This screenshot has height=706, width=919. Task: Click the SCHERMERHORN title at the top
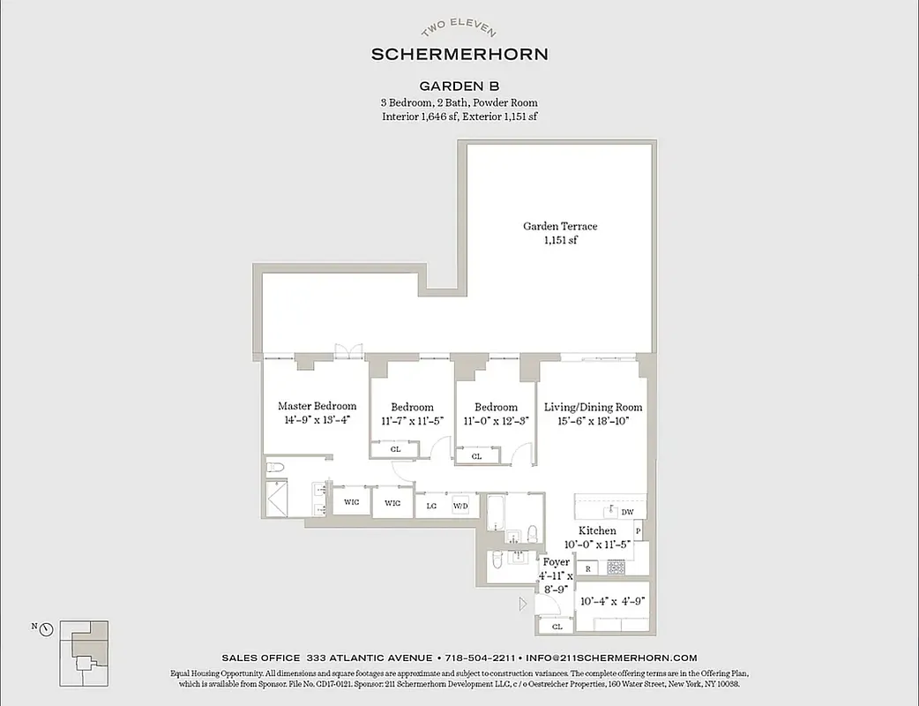click(459, 54)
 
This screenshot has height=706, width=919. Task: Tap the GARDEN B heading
click(459, 86)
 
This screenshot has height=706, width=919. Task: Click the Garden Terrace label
click(560, 227)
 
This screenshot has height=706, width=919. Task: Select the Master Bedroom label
click(318, 406)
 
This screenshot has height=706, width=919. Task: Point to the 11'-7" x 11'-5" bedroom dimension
click(413, 421)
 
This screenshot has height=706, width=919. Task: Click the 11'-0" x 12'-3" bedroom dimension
click(496, 421)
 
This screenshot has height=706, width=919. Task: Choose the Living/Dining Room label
click(593, 407)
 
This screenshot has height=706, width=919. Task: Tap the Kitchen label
click(597, 530)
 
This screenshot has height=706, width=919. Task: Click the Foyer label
click(556, 562)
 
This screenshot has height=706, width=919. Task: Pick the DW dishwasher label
click(627, 512)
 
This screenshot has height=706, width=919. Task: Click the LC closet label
click(432, 506)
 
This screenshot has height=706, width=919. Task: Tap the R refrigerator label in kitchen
click(588, 569)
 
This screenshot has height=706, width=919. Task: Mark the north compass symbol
click(46, 629)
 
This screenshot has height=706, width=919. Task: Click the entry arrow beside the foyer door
click(523, 605)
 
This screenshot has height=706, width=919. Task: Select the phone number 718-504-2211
click(480, 657)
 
